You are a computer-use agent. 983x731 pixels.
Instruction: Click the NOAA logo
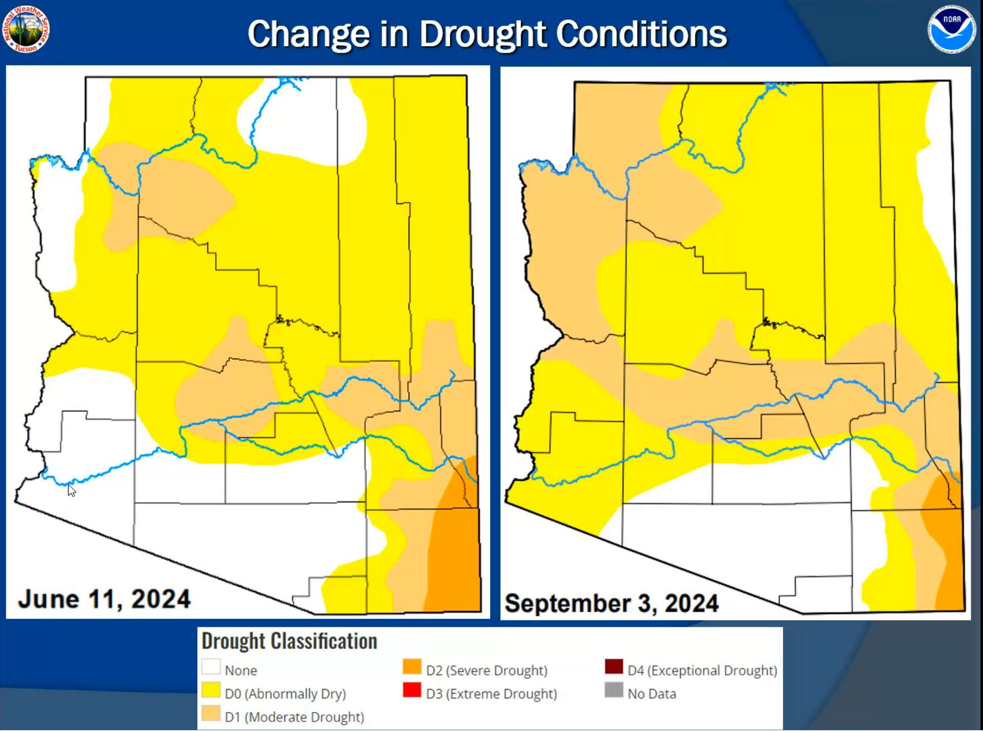pos(951,29)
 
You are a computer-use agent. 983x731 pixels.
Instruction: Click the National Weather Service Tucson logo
pos(26,29)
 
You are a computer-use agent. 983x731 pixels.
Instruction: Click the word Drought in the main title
pos(484,35)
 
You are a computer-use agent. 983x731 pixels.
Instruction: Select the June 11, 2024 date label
pos(104,599)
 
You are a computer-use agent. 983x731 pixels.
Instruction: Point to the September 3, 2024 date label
pos(612,603)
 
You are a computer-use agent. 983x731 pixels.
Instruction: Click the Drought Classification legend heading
pos(289,641)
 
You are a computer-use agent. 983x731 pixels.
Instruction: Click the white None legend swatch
pos(211,667)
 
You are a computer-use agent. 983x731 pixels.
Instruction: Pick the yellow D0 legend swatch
pos(211,690)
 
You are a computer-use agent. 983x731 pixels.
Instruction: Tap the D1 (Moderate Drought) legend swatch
pos(211,714)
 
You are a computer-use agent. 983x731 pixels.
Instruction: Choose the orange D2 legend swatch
pos(412,667)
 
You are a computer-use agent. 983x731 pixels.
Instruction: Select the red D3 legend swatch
pos(412,690)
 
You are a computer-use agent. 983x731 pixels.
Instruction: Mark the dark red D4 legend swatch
pos(614,667)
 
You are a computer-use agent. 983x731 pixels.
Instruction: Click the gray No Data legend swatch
pos(614,690)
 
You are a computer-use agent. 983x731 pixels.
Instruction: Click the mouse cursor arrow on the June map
pos(71,490)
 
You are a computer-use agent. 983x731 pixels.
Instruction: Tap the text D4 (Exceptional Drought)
pos(702,671)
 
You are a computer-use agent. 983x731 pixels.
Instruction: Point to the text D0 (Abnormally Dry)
pos(285,694)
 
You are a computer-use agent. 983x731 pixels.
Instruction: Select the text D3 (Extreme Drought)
pos(491,694)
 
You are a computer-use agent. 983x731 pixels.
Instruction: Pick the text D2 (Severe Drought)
pos(487,671)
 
